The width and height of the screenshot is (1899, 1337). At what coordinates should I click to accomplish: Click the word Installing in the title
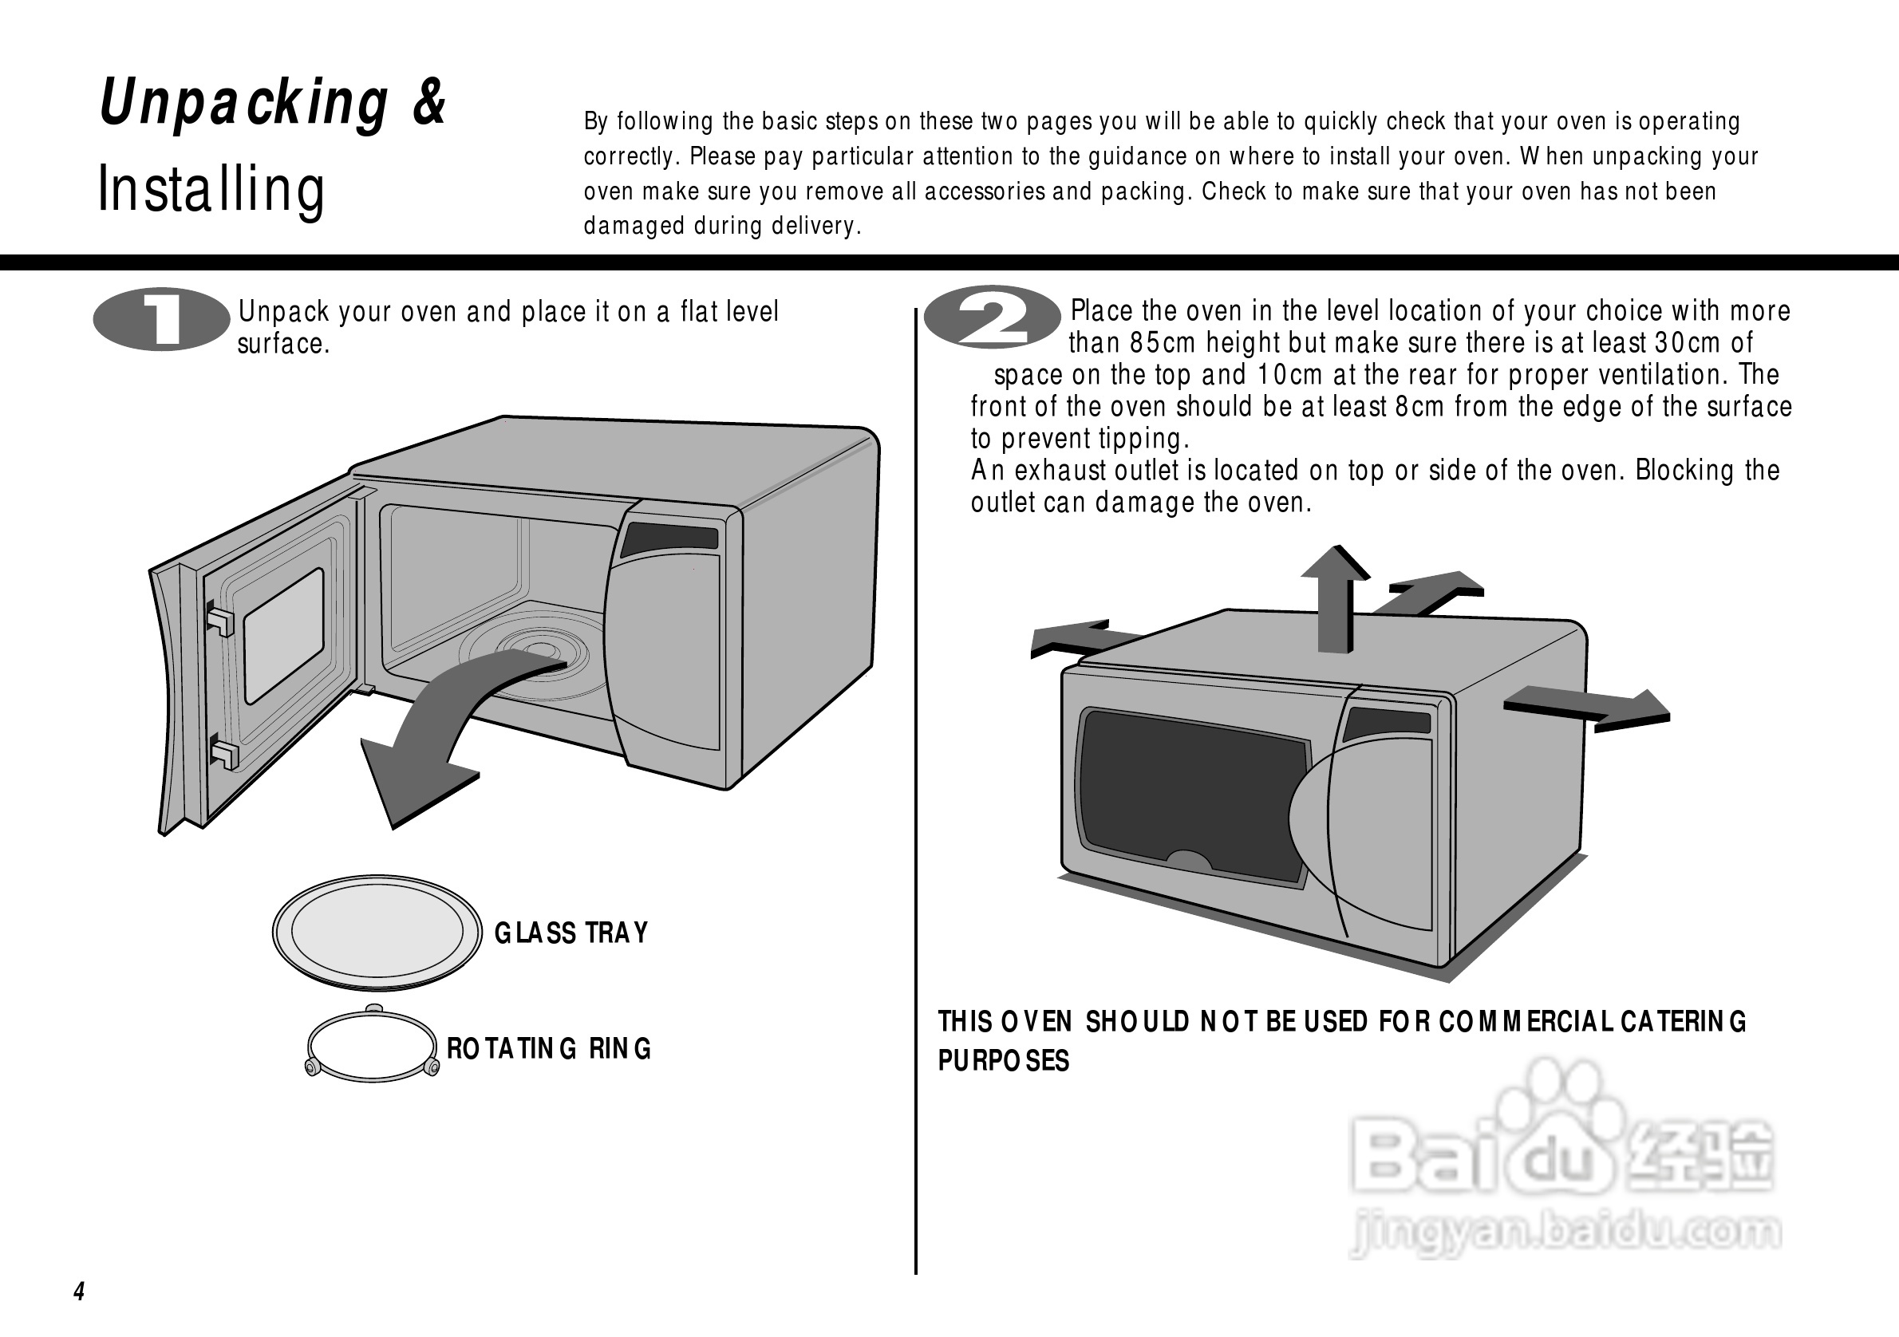[211, 189]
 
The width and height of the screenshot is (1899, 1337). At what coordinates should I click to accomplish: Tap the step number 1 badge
[161, 319]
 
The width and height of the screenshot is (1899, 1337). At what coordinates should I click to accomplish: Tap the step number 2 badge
[992, 317]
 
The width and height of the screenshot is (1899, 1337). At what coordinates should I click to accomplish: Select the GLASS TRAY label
[570, 933]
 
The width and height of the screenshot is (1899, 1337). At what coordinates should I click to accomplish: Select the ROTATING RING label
[549, 1049]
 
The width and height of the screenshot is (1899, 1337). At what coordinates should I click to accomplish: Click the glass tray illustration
[377, 931]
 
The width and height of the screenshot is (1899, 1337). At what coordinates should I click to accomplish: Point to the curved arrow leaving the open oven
[438, 728]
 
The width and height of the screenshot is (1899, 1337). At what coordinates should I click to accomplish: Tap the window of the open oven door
[284, 635]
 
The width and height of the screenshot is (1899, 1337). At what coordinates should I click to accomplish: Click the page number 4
[80, 1292]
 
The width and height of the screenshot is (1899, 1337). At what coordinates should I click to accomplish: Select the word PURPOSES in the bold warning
[1003, 1061]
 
